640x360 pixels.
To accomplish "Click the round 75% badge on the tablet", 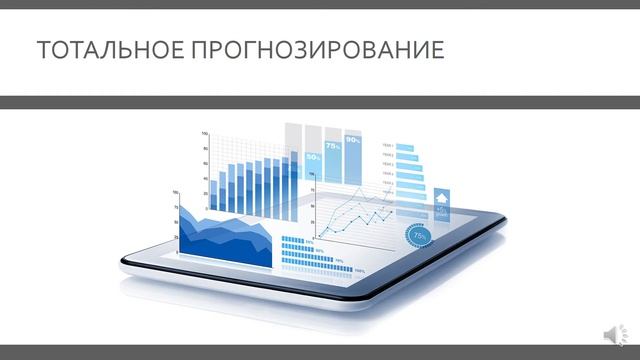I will pos(420,236).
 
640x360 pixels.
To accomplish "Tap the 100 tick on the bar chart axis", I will pos(205,134).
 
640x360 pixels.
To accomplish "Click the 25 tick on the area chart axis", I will pos(177,237).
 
